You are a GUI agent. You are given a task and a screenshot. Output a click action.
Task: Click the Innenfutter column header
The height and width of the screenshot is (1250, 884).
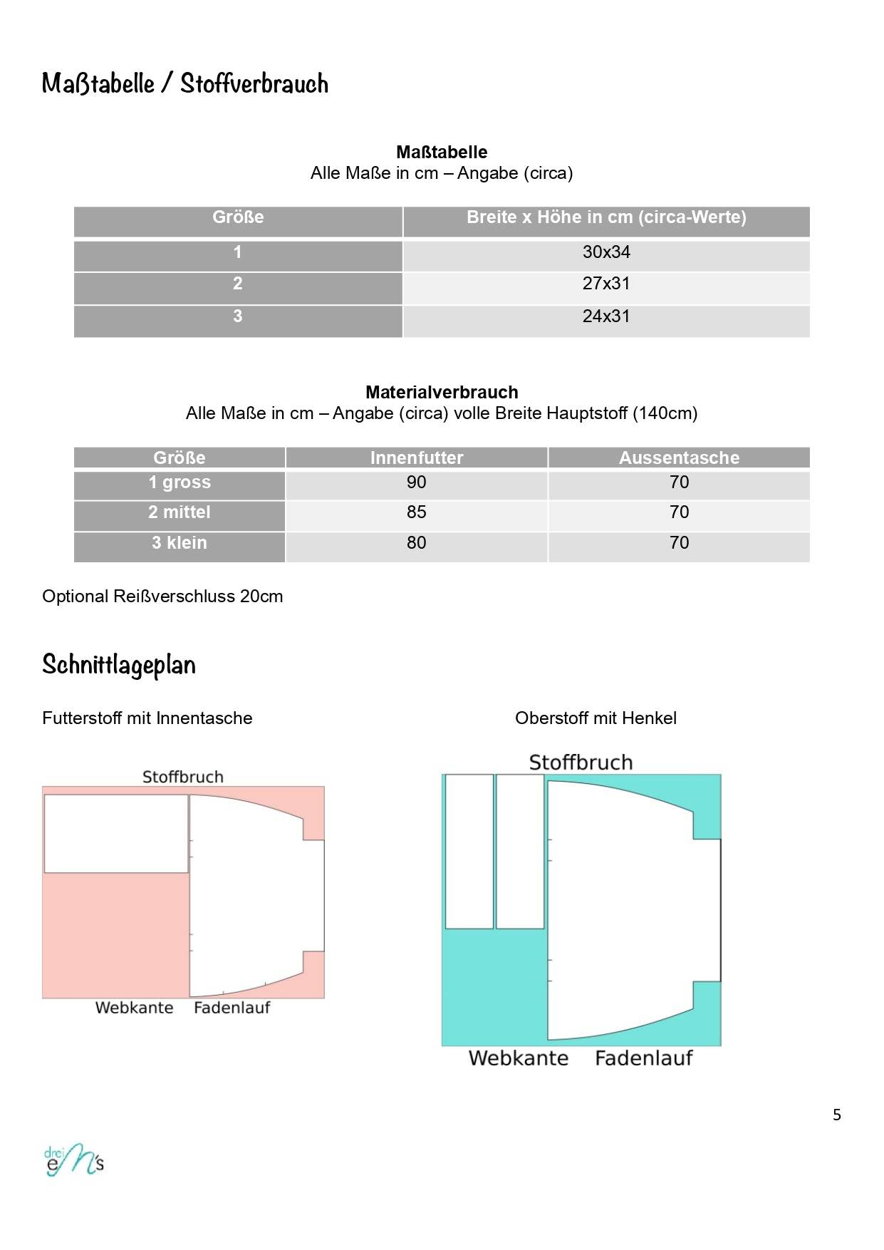pyautogui.click(x=417, y=458)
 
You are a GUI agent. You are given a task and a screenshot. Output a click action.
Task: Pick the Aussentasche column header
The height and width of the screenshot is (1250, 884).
pyautogui.click(x=679, y=458)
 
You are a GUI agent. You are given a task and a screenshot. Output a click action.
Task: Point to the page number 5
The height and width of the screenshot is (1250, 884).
pyautogui.click(x=837, y=1115)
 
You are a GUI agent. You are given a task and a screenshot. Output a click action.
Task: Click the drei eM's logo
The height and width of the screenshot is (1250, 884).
pyautogui.click(x=74, y=1161)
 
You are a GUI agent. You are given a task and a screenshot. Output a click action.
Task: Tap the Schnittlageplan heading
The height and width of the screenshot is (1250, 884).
pyautogui.click(x=119, y=665)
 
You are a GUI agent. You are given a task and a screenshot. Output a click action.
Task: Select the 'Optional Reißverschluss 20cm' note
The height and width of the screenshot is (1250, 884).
pyautogui.click(x=162, y=596)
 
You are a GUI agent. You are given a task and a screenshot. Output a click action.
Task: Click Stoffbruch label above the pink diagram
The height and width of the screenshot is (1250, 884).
pyautogui.click(x=183, y=777)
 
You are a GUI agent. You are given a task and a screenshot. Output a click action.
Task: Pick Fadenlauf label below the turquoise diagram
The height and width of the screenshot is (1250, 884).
pyautogui.click(x=643, y=1058)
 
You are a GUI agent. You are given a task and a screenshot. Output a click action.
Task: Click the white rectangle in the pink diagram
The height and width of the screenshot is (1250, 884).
pyautogui.click(x=116, y=834)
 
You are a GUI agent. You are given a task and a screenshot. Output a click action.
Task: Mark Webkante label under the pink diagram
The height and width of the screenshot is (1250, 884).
pyautogui.click(x=135, y=1008)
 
